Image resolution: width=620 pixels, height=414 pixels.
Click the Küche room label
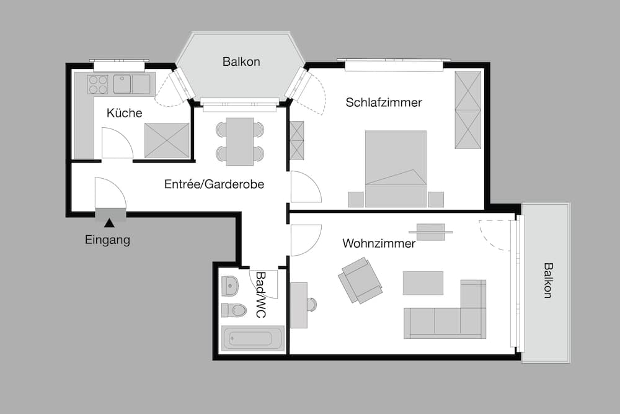[124, 113]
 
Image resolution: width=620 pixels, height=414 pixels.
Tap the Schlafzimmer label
[384, 102]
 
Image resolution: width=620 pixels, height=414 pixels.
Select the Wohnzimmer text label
[379, 243]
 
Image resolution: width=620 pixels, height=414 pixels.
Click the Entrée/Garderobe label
[214, 184]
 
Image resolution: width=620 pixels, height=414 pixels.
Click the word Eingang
[107, 240]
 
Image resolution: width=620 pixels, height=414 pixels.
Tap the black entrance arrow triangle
[109, 223]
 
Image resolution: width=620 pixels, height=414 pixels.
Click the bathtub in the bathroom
[253, 339]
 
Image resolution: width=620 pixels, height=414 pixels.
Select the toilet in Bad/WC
[234, 310]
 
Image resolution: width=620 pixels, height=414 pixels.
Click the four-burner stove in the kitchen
[98, 84]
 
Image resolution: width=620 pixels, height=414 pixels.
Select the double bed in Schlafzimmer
[396, 168]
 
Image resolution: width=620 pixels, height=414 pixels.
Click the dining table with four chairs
[240, 141]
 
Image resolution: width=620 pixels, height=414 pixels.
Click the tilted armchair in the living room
[360, 281]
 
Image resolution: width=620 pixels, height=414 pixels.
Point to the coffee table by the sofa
[423, 282]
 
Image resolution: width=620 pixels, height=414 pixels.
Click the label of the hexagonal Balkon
[241, 61]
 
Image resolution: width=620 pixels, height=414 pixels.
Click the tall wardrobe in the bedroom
[468, 110]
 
